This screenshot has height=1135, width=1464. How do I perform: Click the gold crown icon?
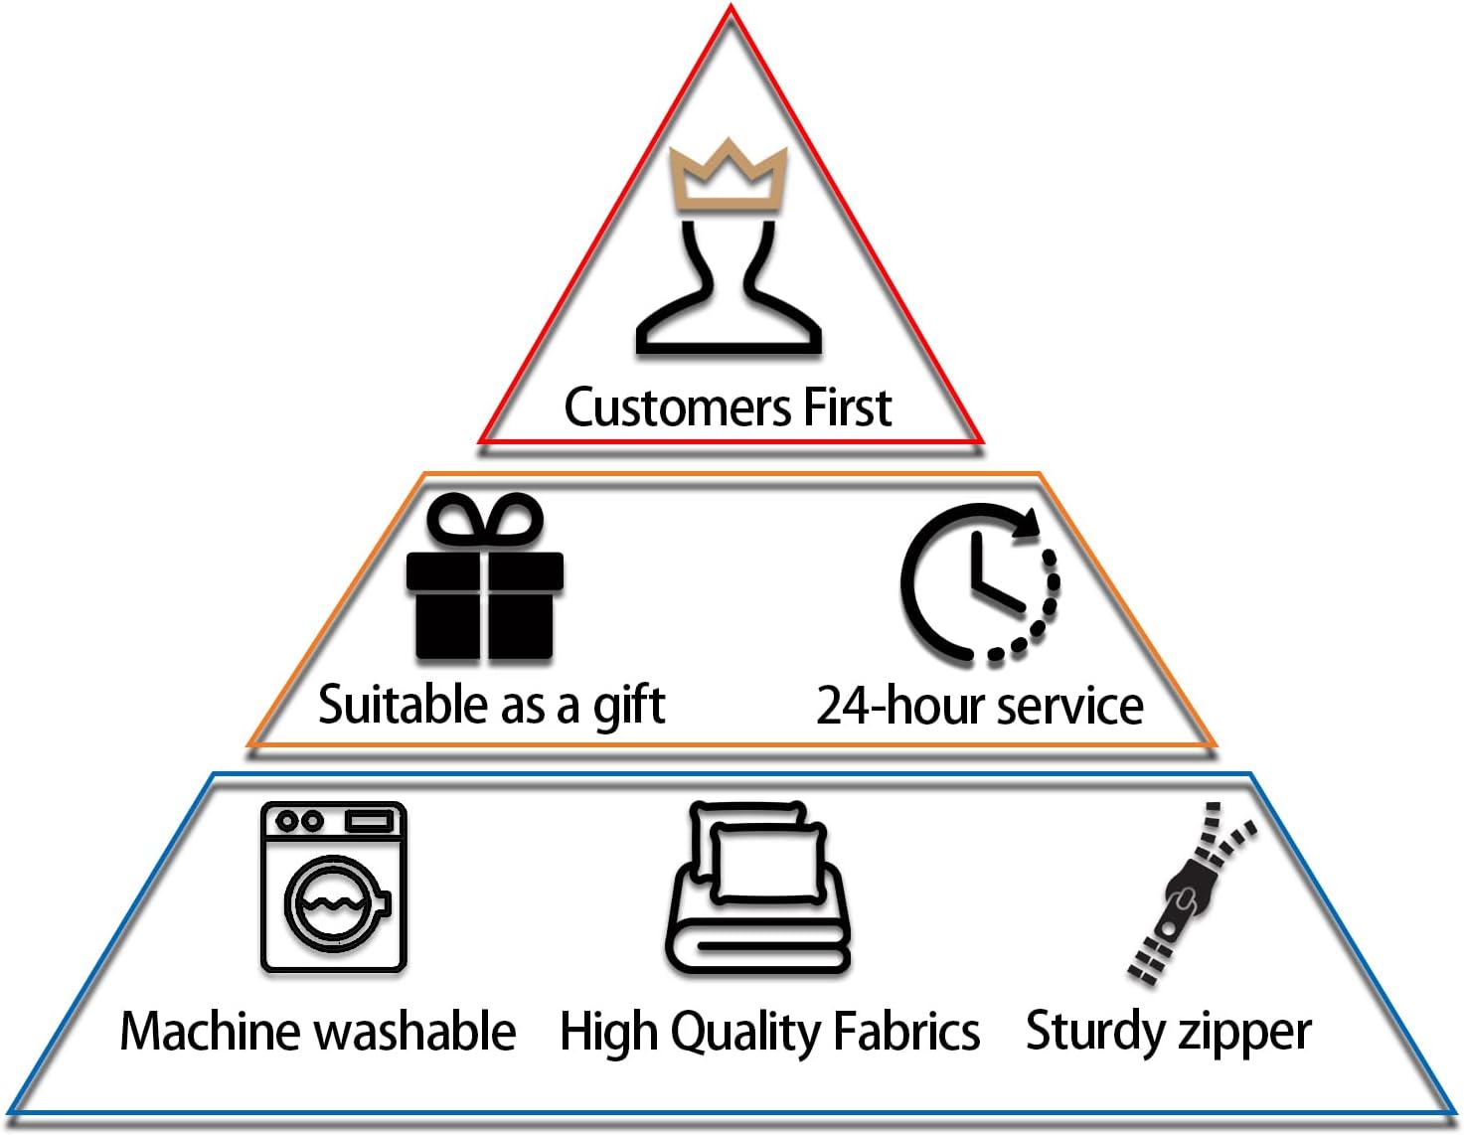pos(729,177)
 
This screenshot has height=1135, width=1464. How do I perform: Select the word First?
pos(847,407)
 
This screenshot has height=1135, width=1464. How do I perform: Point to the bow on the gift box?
pos(485,519)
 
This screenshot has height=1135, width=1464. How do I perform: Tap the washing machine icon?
pos(333,887)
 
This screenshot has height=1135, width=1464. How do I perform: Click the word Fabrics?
pos(906,1031)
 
